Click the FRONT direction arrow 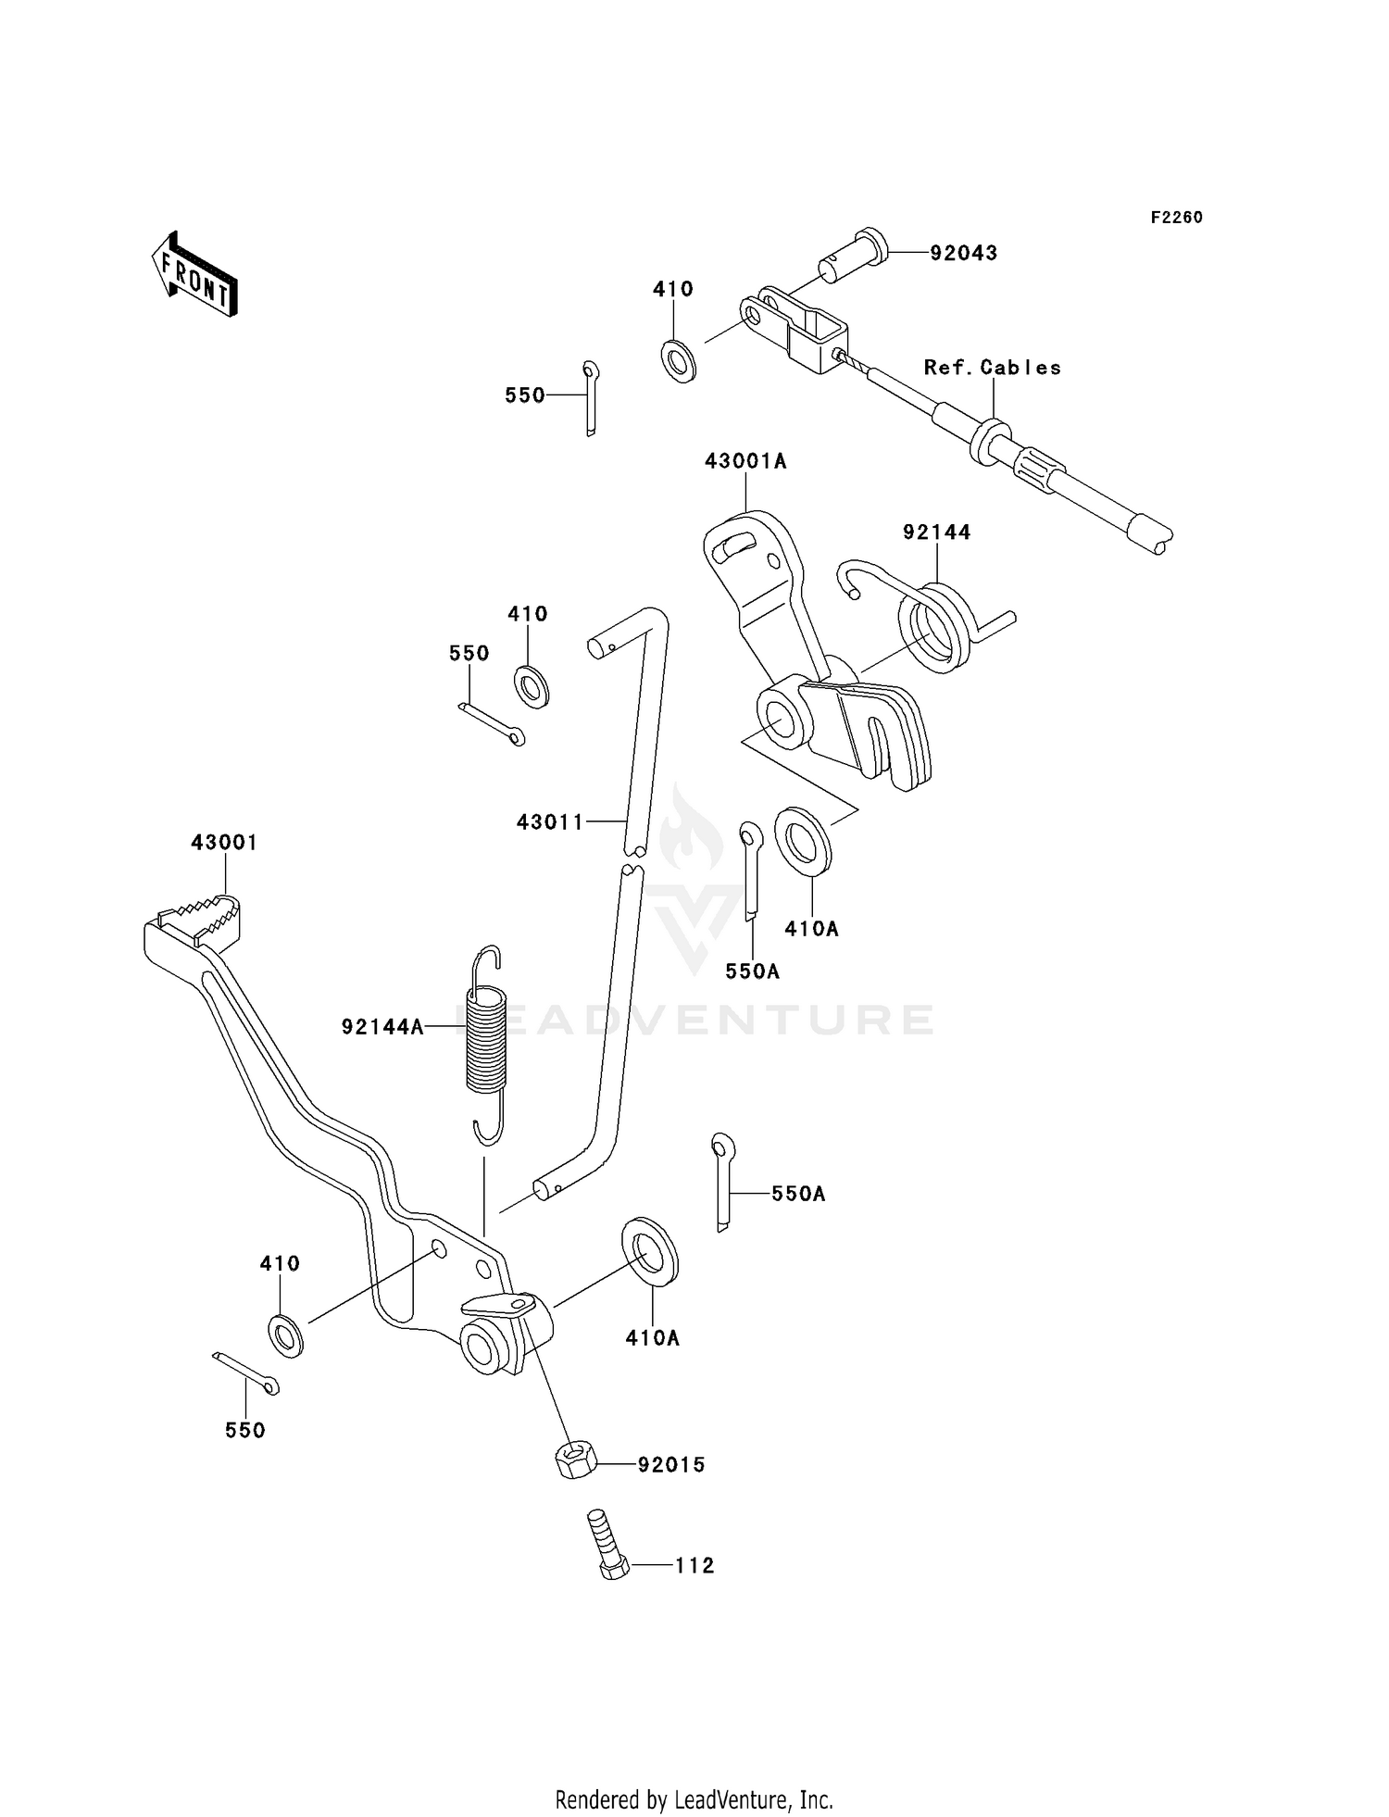point(195,275)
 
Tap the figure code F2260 point(1176,218)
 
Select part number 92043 point(963,253)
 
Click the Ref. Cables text point(992,368)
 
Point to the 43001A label point(745,461)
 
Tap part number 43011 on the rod point(550,821)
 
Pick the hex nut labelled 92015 point(574,1462)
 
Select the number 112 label point(694,1565)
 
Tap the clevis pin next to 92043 point(852,256)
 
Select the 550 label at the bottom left point(244,1430)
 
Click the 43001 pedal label point(224,843)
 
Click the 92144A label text point(382,1026)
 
